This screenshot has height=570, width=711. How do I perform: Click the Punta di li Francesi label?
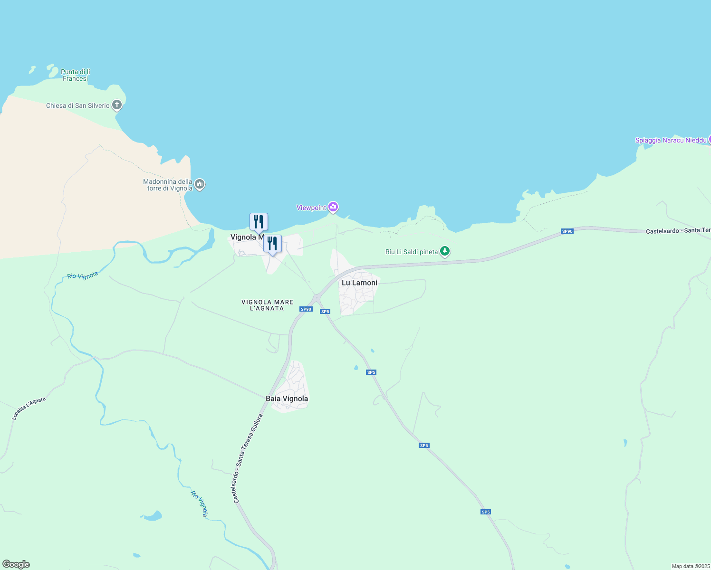click(x=75, y=75)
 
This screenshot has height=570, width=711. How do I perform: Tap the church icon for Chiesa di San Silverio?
click(x=117, y=105)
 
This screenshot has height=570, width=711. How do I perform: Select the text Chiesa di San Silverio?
click(x=77, y=105)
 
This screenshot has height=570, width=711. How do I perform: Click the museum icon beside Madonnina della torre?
click(x=200, y=184)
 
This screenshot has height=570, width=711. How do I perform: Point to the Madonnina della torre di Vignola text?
click(x=168, y=185)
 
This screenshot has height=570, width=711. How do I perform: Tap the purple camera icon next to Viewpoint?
click(x=333, y=207)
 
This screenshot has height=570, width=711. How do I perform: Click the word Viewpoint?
click(x=311, y=208)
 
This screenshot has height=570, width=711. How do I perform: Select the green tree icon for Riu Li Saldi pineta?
click(x=444, y=251)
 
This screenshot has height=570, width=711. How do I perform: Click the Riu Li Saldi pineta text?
click(x=412, y=252)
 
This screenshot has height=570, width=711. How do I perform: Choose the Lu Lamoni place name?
click(x=359, y=283)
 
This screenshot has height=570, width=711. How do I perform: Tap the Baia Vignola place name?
click(x=287, y=399)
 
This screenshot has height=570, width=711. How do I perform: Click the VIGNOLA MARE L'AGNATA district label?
click(x=267, y=305)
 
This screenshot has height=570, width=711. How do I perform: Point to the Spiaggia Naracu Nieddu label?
click(x=671, y=140)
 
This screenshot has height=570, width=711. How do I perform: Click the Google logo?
click(x=16, y=564)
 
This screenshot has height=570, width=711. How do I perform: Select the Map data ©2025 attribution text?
click(x=691, y=566)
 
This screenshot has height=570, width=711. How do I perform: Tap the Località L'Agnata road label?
click(x=29, y=408)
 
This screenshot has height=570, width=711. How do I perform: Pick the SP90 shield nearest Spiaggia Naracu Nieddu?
click(x=567, y=231)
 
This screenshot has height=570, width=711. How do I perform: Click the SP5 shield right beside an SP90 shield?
click(x=325, y=312)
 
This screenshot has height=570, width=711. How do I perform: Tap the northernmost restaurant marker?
click(x=259, y=222)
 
